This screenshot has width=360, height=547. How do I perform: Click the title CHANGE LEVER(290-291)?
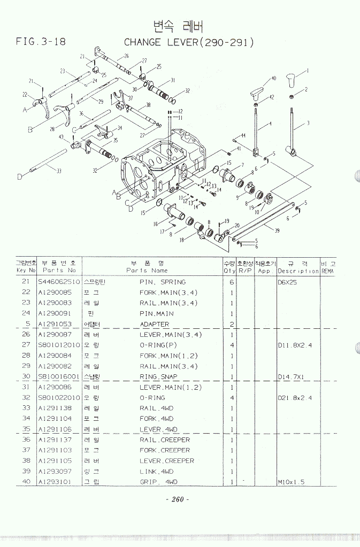pos(188,42)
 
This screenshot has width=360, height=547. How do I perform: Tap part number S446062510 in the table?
pos(58,282)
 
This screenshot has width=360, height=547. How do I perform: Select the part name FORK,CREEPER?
pos(165,450)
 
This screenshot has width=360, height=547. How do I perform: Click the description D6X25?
pos(287,282)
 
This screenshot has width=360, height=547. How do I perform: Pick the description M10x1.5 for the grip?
pos(290,482)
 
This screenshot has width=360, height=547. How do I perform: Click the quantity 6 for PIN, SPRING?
pos(232,282)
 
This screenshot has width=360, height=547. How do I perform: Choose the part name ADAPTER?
pos(154,324)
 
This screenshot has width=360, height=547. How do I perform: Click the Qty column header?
pos(230,271)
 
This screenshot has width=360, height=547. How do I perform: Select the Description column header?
pos(298,271)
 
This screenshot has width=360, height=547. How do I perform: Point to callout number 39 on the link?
pos(277,230)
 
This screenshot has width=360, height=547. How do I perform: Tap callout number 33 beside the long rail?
pos(59,171)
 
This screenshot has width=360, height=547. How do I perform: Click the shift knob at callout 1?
pos(292,81)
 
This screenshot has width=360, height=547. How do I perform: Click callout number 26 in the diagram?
pos(126,56)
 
